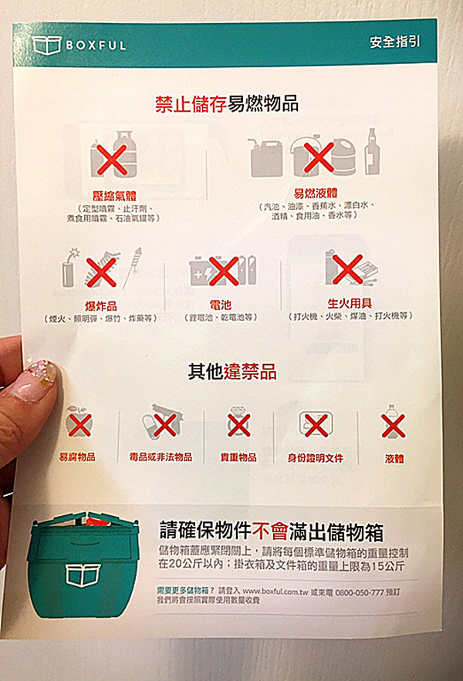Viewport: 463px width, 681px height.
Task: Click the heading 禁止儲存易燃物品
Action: (227, 103)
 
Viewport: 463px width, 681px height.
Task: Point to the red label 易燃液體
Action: (316, 194)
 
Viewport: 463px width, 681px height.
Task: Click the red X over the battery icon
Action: (223, 271)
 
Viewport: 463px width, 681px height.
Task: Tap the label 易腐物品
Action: (78, 457)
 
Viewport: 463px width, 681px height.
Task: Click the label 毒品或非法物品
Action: (161, 457)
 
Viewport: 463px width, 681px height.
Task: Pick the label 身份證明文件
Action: (316, 457)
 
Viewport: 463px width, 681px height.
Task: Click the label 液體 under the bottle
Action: (394, 458)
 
